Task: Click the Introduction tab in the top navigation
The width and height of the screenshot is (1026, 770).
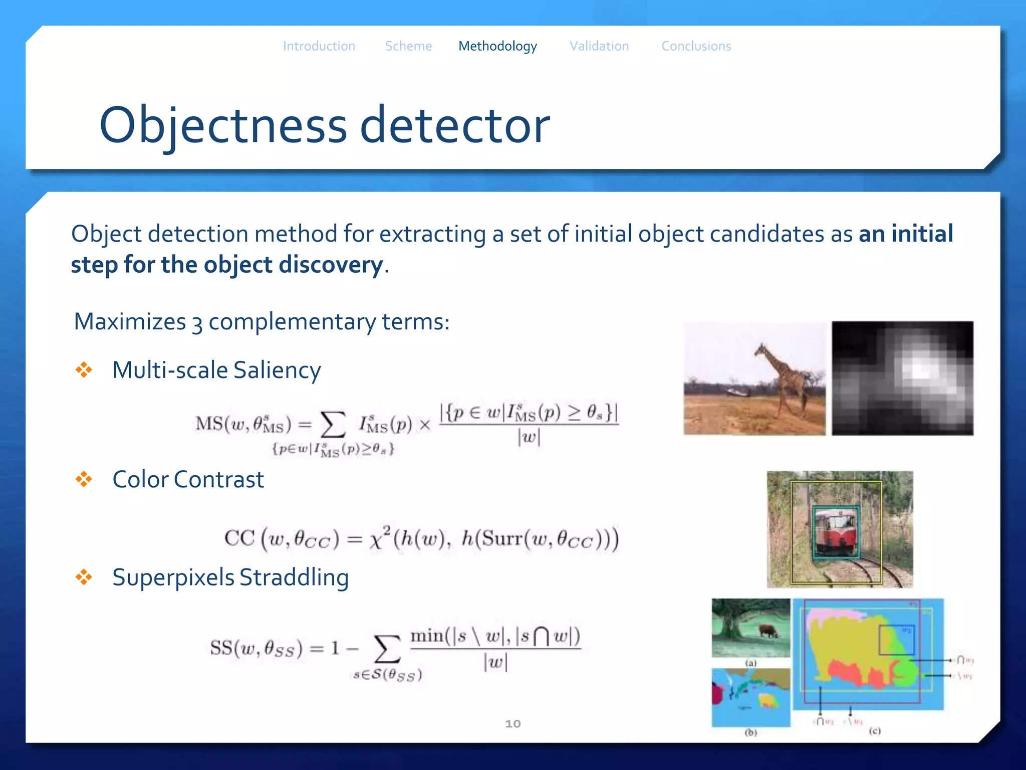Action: [x=319, y=46]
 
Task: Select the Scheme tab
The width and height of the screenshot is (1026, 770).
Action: [x=408, y=46]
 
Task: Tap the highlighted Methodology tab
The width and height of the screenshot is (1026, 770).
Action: [x=497, y=46]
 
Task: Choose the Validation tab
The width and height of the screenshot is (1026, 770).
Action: [x=599, y=46]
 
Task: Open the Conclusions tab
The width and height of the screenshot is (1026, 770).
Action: [x=696, y=46]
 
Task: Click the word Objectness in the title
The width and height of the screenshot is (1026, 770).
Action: [x=223, y=125]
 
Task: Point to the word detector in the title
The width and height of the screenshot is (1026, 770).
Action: [x=454, y=125]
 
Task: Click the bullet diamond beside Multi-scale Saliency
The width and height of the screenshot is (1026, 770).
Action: [x=84, y=370]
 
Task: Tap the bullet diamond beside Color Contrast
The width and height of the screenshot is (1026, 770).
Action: [x=84, y=479]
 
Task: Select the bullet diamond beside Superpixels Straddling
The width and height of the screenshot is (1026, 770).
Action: [x=84, y=577]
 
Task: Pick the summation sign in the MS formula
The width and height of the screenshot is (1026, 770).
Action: [x=333, y=425]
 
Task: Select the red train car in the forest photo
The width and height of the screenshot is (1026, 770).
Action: [x=835, y=532]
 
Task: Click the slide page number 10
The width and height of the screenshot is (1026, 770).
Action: [x=512, y=723]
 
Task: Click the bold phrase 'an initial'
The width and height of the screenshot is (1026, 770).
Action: [x=906, y=234]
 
